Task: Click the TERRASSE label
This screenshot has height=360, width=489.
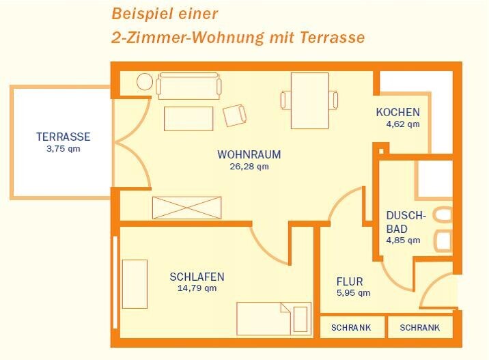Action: coord(64,137)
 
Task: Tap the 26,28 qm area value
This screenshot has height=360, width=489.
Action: coord(249,166)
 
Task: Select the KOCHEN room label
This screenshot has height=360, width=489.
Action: coord(398,112)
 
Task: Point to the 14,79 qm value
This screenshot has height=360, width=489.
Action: coord(197,288)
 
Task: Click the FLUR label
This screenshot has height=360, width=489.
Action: coord(350,281)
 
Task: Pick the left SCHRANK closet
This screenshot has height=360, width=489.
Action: coord(352,327)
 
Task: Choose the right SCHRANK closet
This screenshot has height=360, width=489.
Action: coord(420,327)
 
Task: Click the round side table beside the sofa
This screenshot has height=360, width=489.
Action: coord(145,82)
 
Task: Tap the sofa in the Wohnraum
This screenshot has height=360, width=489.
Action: coord(188,86)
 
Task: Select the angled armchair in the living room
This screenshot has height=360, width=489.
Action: coord(234,115)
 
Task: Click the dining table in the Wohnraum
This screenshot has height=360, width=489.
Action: coord(309,100)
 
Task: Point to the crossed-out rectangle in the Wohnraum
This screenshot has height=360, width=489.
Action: coord(187,208)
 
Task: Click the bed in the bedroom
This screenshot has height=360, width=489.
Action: coord(274,318)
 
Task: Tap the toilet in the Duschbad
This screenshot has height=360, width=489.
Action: coord(443,214)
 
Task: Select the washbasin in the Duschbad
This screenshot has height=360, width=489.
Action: coord(443,240)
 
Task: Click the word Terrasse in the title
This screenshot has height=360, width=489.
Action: coord(333,38)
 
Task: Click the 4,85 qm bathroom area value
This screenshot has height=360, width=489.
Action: coord(403,240)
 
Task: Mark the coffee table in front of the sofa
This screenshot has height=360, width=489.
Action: coord(188,119)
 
